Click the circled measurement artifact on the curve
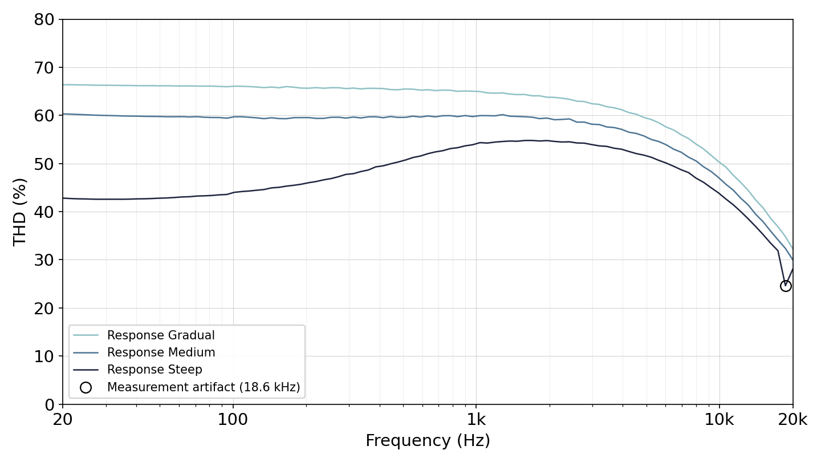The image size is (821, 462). (x=786, y=286)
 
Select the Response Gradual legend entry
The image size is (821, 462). (x=161, y=335)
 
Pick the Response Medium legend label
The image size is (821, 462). (x=161, y=352)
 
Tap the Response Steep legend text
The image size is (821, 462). (x=155, y=370)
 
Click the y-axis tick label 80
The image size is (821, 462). (x=44, y=19)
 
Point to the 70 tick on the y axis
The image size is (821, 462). (x=44, y=68)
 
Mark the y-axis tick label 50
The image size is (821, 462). (x=44, y=164)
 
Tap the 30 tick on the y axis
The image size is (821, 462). (x=44, y=260)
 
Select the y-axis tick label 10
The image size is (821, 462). (x=44, y=356)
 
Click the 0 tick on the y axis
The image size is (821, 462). (x=50, y=405)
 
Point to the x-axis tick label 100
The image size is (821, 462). (x=233, y=419)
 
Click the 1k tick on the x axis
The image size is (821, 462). (x=476, y=419)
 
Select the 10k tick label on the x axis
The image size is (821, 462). (x=720, y=419)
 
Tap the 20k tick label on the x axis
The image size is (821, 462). (x=792, y=419)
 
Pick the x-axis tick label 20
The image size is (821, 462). (x=63, y=419)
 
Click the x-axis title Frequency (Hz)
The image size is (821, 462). (x=428, y=440)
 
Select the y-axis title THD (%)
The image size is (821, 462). (x=19, y=212)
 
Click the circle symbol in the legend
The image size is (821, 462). (x=86, y=388)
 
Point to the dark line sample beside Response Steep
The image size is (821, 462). (x=86, y=370)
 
